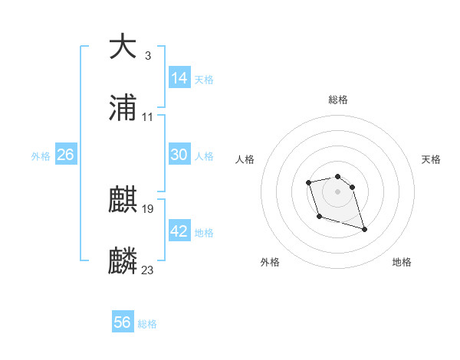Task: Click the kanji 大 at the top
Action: (123, 47)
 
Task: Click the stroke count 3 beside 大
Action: (147, 56)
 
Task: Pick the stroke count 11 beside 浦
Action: (147, 117)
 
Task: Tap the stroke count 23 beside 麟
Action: (148, 270)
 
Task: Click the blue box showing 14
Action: (179, 78)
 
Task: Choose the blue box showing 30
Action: (179, 155)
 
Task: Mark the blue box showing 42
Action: (179, 231)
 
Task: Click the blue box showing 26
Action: (65, 155)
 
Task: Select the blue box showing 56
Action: (123, 322)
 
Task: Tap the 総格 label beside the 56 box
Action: (147, 324)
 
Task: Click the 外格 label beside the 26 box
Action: (41, 156)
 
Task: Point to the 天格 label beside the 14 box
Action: (204, 80)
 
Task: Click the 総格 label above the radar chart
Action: (338, 100)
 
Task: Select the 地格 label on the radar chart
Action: (402, 263)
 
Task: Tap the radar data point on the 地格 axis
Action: (364, 229)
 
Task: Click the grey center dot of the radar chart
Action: (338, 191)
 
